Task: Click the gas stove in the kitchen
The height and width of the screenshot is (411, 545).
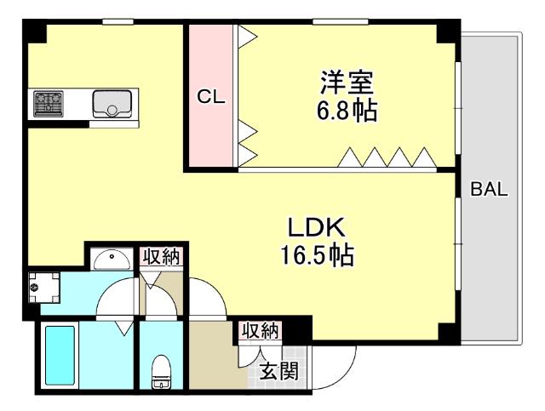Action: pos(49,104)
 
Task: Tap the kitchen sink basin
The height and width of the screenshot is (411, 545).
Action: pos(109,105)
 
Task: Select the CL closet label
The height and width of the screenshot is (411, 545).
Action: pos(210,97)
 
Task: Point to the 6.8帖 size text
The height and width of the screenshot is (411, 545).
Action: pos(348,111)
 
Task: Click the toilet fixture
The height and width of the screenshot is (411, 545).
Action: pos(159,372)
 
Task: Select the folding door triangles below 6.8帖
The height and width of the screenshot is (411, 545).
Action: pos(387,157)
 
